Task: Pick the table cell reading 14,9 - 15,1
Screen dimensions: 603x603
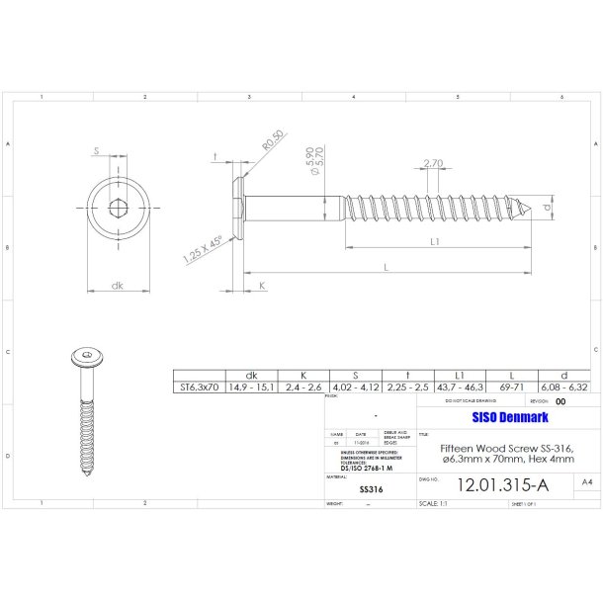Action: [x=251, y=388]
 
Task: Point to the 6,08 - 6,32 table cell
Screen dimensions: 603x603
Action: [x=561, y=388]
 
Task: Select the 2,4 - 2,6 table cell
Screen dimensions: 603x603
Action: [x=301, y=388]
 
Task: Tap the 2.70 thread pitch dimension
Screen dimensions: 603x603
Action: [x=432, y=163]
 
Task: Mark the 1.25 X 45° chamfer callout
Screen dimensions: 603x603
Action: [x=201, y=247]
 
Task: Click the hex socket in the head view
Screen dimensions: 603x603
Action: [x=117, y=209]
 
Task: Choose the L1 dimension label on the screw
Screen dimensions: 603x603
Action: [x=436, y=240]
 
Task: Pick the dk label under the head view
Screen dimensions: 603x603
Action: [x=117, y=286]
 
